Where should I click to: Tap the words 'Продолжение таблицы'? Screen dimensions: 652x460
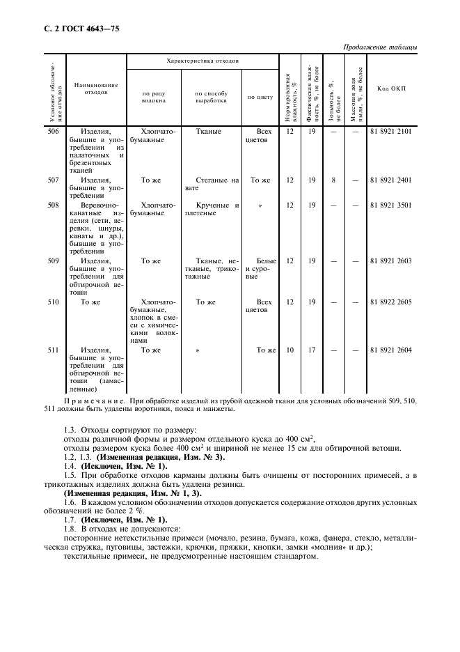pos(381,47)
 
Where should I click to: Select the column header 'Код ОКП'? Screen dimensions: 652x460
pos(391,88)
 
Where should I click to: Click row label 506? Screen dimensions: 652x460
pos(52,131)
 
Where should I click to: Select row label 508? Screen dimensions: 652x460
pos(52,205)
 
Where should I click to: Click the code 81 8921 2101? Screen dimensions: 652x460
pos(391,131)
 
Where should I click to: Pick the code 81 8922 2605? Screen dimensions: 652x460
pos(391,302)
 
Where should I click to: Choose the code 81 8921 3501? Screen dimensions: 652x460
pos(391,205)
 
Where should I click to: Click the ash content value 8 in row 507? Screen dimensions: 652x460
pos(334,180)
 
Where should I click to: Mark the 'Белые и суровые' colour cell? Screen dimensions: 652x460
pos(260,268)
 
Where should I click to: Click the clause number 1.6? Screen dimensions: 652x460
pos(68,502)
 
